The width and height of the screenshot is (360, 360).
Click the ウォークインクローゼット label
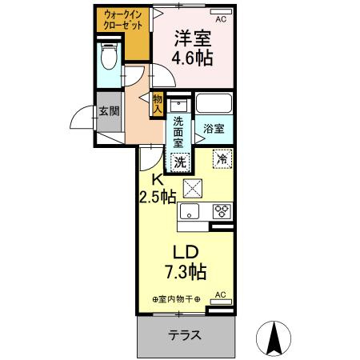point(122,20)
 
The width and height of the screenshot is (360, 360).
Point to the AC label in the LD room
point(222,294)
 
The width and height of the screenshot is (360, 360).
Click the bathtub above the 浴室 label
point(214,105)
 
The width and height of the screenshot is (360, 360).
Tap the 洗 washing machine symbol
point(181,160)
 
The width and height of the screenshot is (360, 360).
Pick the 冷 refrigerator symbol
point(221,159)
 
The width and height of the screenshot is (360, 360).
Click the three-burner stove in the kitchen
point(220,211)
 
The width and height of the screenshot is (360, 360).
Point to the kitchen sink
point(190,211)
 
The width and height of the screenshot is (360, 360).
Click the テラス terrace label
point(185,335)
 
